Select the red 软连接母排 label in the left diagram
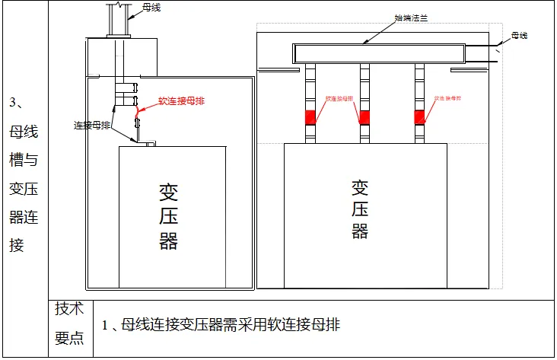tap(182, 100)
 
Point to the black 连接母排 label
tap(92, 125)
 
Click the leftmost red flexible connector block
tap(310, 117)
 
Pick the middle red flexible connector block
tap(365, 117)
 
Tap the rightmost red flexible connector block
tap(419, 117)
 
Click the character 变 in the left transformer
tap(169, 192)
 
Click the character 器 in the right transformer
tap(360, 231)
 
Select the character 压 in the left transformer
tap(169, 216)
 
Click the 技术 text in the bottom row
tap(68, 309)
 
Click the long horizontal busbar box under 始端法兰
tap(379, 53)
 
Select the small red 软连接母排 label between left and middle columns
tap(339, 99)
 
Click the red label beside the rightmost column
tap(449, 99)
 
